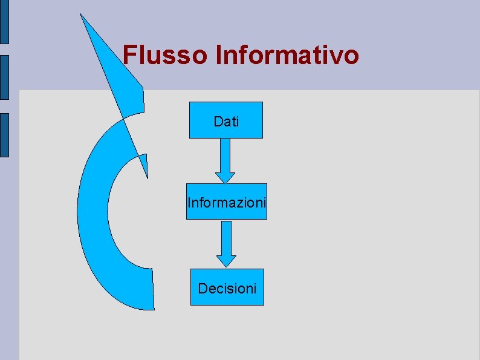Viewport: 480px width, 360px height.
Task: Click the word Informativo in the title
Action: click(x=287, y=55)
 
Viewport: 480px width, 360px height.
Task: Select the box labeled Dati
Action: click(x=226, y=120)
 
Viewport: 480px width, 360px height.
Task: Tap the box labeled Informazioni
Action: click(x=226, y=201)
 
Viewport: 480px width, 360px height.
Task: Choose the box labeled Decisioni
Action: click(x=227, y=287)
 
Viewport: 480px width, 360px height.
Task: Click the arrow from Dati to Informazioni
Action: click(x=225, y=160)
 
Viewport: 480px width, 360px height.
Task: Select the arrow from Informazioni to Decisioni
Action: click(x=226, y=243)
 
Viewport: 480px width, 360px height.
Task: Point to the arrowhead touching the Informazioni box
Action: click(x=225, y=177)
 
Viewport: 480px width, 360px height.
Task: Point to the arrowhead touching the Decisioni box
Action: click(x=226, y=261)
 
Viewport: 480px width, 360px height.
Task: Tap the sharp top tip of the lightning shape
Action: click(x=82, y=15)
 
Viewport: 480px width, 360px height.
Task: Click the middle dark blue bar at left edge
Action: click(x=4, y=77)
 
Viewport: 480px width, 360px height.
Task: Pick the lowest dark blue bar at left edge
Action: click(x=4, y=135)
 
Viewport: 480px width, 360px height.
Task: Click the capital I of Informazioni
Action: click(x=189, y=202)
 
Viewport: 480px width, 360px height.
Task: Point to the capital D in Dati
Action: click(x=218, y=122)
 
